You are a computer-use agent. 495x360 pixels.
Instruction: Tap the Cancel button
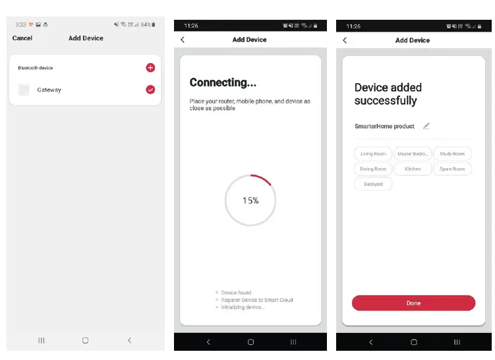pyautogui.click(x=22, y=38)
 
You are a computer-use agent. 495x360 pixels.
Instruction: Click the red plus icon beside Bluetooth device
pyautogui.click(x=150, y=68)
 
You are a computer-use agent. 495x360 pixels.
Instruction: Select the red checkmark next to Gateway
pyautogui.click(x=150, y=90)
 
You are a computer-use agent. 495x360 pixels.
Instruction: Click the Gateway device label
pyautogui.click(x=49, y=90)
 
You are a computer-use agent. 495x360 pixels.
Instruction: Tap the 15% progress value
pyautogui.click(x=250, y=200)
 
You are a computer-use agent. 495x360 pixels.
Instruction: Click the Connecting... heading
pyautogui.click(x=223, y=83)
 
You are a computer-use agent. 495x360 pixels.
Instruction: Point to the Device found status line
pyautogui.click(x=236, y=293)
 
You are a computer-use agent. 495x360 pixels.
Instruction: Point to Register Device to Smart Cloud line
pyautogui.click(x=256, y=300)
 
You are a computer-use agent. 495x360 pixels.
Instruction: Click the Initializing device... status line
pyautogui.click(x=242, y=307)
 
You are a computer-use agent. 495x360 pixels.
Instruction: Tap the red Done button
pyautogui.click(x=413, y=303)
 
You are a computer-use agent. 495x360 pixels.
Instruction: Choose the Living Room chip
pyautogui.click(x=373, y=154)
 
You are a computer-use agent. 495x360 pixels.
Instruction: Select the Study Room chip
pyautogui.click(x=452, y=154)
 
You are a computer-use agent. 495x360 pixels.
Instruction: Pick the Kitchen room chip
pyautogui.click(x=413, y=169)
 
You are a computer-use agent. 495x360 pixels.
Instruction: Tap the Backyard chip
pyautogui.click(x=373, y=184)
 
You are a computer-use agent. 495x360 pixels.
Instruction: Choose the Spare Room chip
pyautogui.click(x=452, y=169)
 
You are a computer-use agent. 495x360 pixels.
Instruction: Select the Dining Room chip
pyautogui.click(x=373, y=169)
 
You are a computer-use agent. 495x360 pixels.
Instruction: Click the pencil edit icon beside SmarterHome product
pyautogui.click(x=426, y=126)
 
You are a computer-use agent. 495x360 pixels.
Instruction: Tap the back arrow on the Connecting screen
pyautogui.click(x=183, y=40)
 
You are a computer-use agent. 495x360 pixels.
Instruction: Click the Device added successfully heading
pyautogui.click(x=388, y=94)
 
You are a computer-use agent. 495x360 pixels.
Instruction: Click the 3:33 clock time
pyautogui.click(x=20, y=25)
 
